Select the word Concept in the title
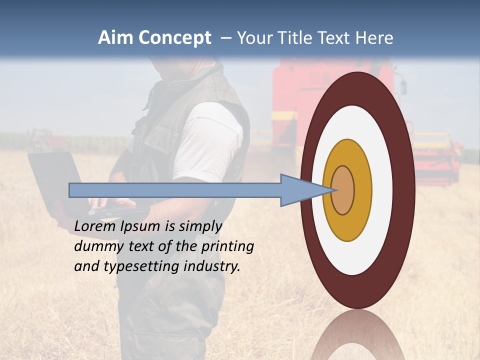[x=175, y=38]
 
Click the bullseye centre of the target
[x=343, y=190]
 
